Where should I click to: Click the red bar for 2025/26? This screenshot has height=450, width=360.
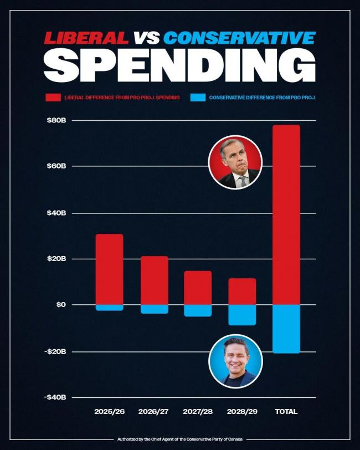[x=109, y=269]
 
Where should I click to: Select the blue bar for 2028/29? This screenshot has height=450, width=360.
[x=242, y=315]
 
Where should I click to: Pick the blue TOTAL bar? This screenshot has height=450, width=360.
[x=286, y=329]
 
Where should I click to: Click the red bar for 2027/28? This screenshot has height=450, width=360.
[x=198, y=288]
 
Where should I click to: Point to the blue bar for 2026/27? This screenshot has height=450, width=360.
[x=154, y=309]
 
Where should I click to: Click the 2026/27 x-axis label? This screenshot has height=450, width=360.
[x=154, y=412]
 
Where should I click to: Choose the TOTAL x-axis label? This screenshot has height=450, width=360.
[x=286, y=412]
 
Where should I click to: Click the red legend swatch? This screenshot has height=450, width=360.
[x=53, y=98]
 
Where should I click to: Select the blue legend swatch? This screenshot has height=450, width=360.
[x=198, y=98]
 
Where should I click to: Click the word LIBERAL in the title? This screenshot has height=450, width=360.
[x=86, y=38]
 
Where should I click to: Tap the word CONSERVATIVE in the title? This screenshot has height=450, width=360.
[x=239, y=38]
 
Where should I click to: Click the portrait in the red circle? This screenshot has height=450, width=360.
[x=235, y=162]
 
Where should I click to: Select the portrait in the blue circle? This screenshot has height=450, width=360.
[x=235, y=361]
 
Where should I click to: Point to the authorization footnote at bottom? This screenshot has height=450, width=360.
[x=180, y=439]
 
